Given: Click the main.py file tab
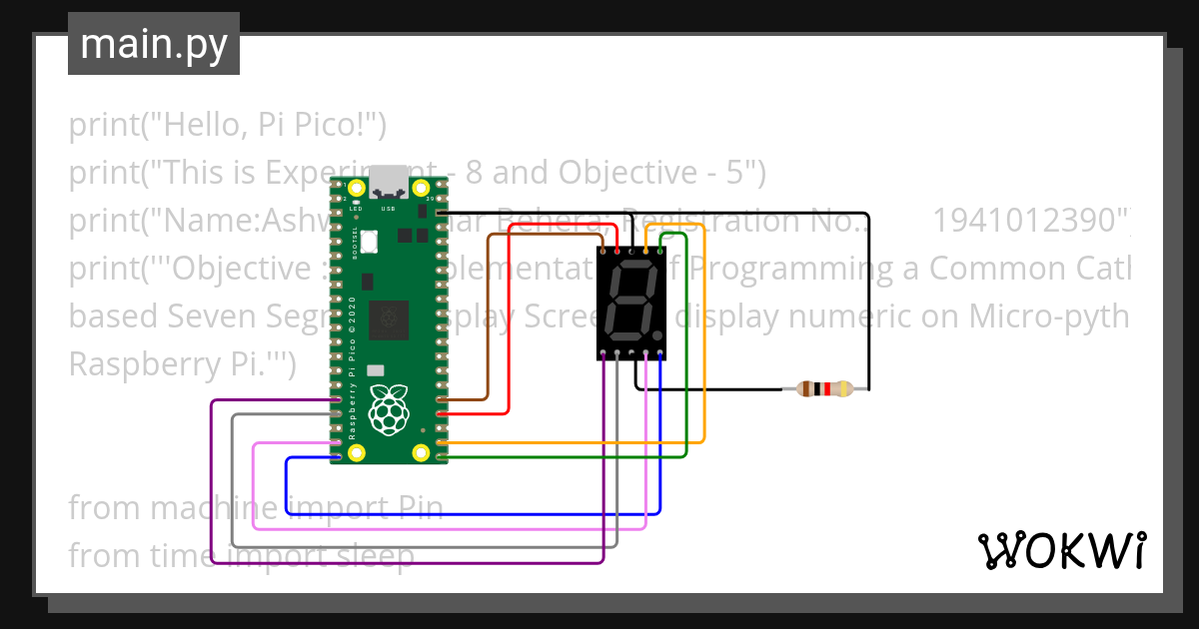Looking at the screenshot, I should [154, 45].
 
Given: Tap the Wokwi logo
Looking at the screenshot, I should [1061, 550].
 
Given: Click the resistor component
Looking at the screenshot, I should [824, 389].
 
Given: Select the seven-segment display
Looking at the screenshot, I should [631, 304].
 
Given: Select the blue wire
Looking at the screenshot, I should [470, 514].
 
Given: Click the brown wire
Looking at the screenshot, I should [487, 319].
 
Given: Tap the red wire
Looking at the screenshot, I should [510, 319].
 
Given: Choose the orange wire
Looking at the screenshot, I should [705, 339].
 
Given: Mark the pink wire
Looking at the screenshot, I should [450, 529].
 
